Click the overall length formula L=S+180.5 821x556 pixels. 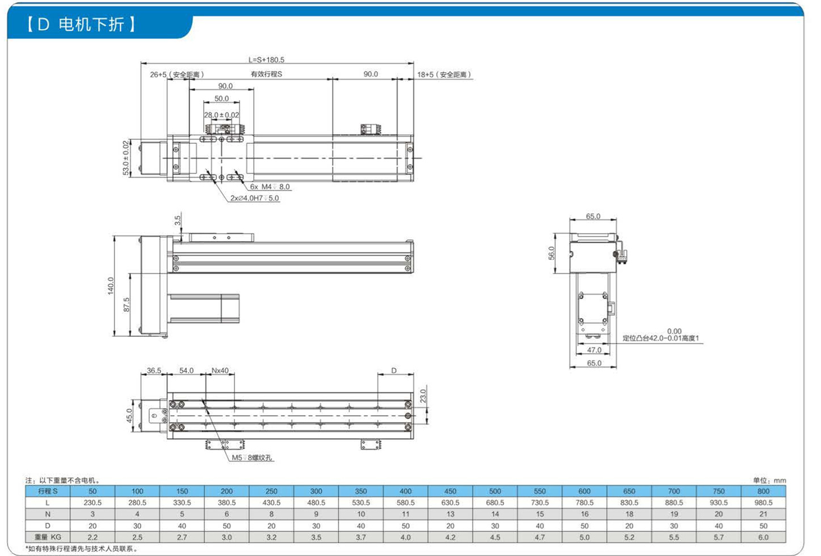(x=267, y=60)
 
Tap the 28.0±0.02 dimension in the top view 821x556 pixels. (x=221, y=115)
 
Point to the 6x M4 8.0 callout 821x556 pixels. (x=269, y=187)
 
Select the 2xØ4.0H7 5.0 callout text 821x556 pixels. (x=254, y=198)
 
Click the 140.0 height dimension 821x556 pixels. (x=111, y=286)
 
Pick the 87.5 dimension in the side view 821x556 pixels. (x=126, y=305)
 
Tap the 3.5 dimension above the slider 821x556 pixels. (x=178, y=220)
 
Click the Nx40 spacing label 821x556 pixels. (x=220, y=370)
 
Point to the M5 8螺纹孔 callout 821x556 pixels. (x=252, y=458)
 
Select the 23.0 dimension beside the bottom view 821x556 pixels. (x=423, y=396)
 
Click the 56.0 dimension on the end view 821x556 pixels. (x=552, y=253)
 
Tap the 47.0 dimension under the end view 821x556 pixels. (x=594, y=350)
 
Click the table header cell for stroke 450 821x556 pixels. (x=450, y=491)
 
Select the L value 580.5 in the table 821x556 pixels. (x=405, y=503)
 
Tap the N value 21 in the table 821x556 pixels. (x=764, y=514)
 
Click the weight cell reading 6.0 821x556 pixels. (x=764, y=537)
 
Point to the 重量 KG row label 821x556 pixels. (x=48, y=537)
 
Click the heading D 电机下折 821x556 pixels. (x=81, y=24)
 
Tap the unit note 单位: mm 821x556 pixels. (x=769, y=480)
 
